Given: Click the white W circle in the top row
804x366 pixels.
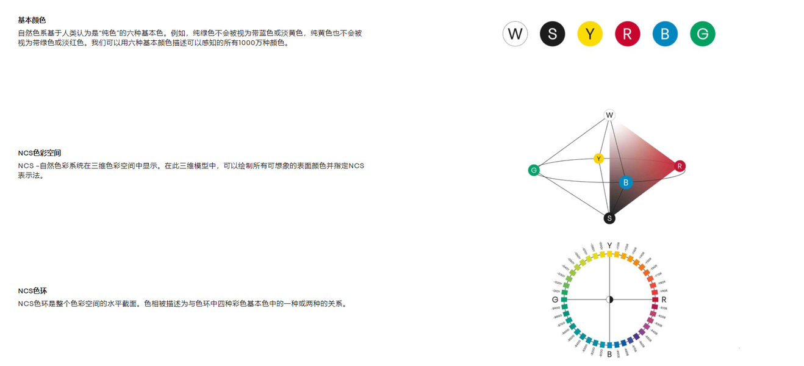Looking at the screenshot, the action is coord(515,34).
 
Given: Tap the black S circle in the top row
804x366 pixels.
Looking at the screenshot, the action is coord(553,34).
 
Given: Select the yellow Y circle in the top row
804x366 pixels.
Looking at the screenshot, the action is coord(590,34).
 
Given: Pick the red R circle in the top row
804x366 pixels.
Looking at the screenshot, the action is coord(627,34).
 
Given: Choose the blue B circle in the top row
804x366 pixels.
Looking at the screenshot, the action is coord(665,34).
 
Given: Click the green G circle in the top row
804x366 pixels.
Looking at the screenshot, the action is coord(702,34).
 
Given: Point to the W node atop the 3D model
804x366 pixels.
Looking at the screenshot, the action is coord(609,115).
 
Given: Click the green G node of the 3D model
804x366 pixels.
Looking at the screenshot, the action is coord(534,170).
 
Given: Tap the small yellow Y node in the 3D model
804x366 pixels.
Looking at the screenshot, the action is coord(599,159).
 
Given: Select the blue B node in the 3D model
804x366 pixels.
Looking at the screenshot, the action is coord(625,182).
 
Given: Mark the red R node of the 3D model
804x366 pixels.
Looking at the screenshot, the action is coord(680,166).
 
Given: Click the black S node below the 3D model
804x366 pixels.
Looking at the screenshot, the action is coord(609,218).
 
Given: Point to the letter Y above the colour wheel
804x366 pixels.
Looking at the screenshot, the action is coord(609,246).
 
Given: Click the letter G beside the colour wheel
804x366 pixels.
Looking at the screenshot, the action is coord(555,300).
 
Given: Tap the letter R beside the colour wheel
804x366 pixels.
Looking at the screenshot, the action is coord(664,300).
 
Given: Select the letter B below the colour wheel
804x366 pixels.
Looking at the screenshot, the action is coord(609,354).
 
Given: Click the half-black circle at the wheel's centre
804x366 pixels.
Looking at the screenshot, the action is coord(609,300).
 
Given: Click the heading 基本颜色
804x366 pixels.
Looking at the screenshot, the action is coord(32,20).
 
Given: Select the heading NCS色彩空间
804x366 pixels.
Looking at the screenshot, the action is coord(40,153).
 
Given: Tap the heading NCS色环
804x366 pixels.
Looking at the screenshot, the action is coord(32,291).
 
